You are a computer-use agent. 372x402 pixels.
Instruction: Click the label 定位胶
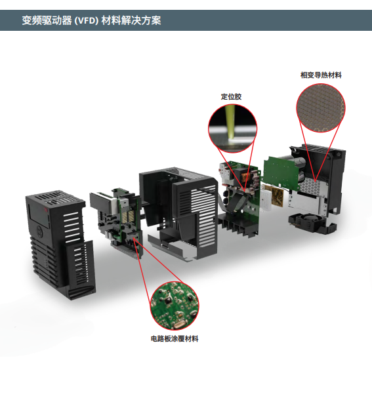(231, 96)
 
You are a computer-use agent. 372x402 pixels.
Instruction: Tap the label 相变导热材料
(321, 75)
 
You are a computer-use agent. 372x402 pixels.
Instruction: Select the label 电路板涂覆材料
(175, 338)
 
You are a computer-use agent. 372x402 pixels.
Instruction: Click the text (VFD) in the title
(87, 20)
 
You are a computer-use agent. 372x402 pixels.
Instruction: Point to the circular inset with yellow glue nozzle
(232, 129)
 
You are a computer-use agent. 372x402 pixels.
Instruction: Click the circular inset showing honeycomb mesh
(321, 108)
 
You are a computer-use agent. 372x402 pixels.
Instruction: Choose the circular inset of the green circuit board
(175, 306)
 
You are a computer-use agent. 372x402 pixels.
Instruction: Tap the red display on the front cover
(46, 210)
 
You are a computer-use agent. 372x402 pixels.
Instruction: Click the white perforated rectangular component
(266, 199)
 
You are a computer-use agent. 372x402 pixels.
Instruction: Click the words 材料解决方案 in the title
(131, 20)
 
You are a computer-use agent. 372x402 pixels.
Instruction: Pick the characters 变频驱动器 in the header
(47, 20)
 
